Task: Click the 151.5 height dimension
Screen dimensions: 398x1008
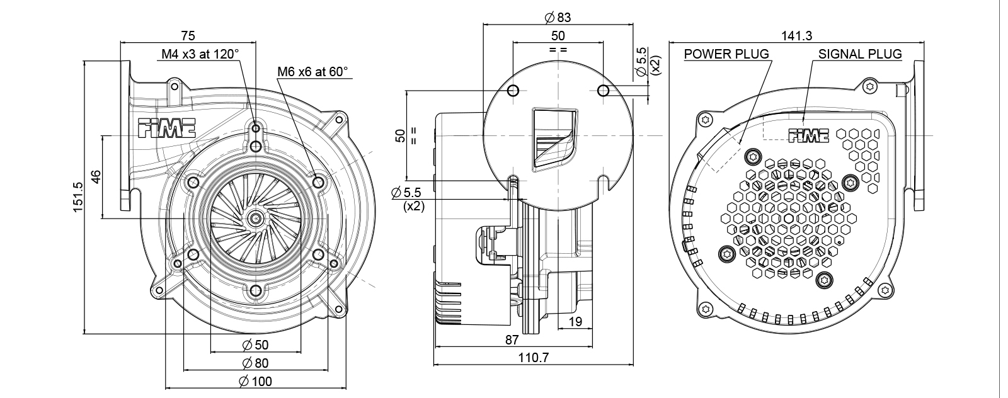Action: [78, 196]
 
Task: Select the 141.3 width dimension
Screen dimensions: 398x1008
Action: [796, 36]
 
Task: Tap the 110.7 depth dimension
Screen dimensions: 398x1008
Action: [533, 358]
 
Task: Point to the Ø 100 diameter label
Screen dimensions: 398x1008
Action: [256, 381]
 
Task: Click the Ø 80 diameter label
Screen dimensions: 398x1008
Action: [255, 363]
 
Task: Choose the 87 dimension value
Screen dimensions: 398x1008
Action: [512, 340]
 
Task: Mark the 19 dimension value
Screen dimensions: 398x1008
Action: [575, 322]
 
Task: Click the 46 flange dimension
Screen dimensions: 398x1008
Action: [96, 177]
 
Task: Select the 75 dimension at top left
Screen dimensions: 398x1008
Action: [188, 35]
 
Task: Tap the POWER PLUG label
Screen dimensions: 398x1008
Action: [726, 54]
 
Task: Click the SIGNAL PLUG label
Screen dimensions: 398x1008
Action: [860, 54]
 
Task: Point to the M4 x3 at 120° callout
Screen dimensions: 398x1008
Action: [200, 54]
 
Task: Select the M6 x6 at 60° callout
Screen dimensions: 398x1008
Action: [312, 72]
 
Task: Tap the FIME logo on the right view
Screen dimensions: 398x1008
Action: [809, 135]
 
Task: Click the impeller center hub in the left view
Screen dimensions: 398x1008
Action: [256, 219]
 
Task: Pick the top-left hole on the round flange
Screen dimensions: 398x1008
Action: [513, 91]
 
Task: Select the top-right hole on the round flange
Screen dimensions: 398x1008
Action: [603, 91]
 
